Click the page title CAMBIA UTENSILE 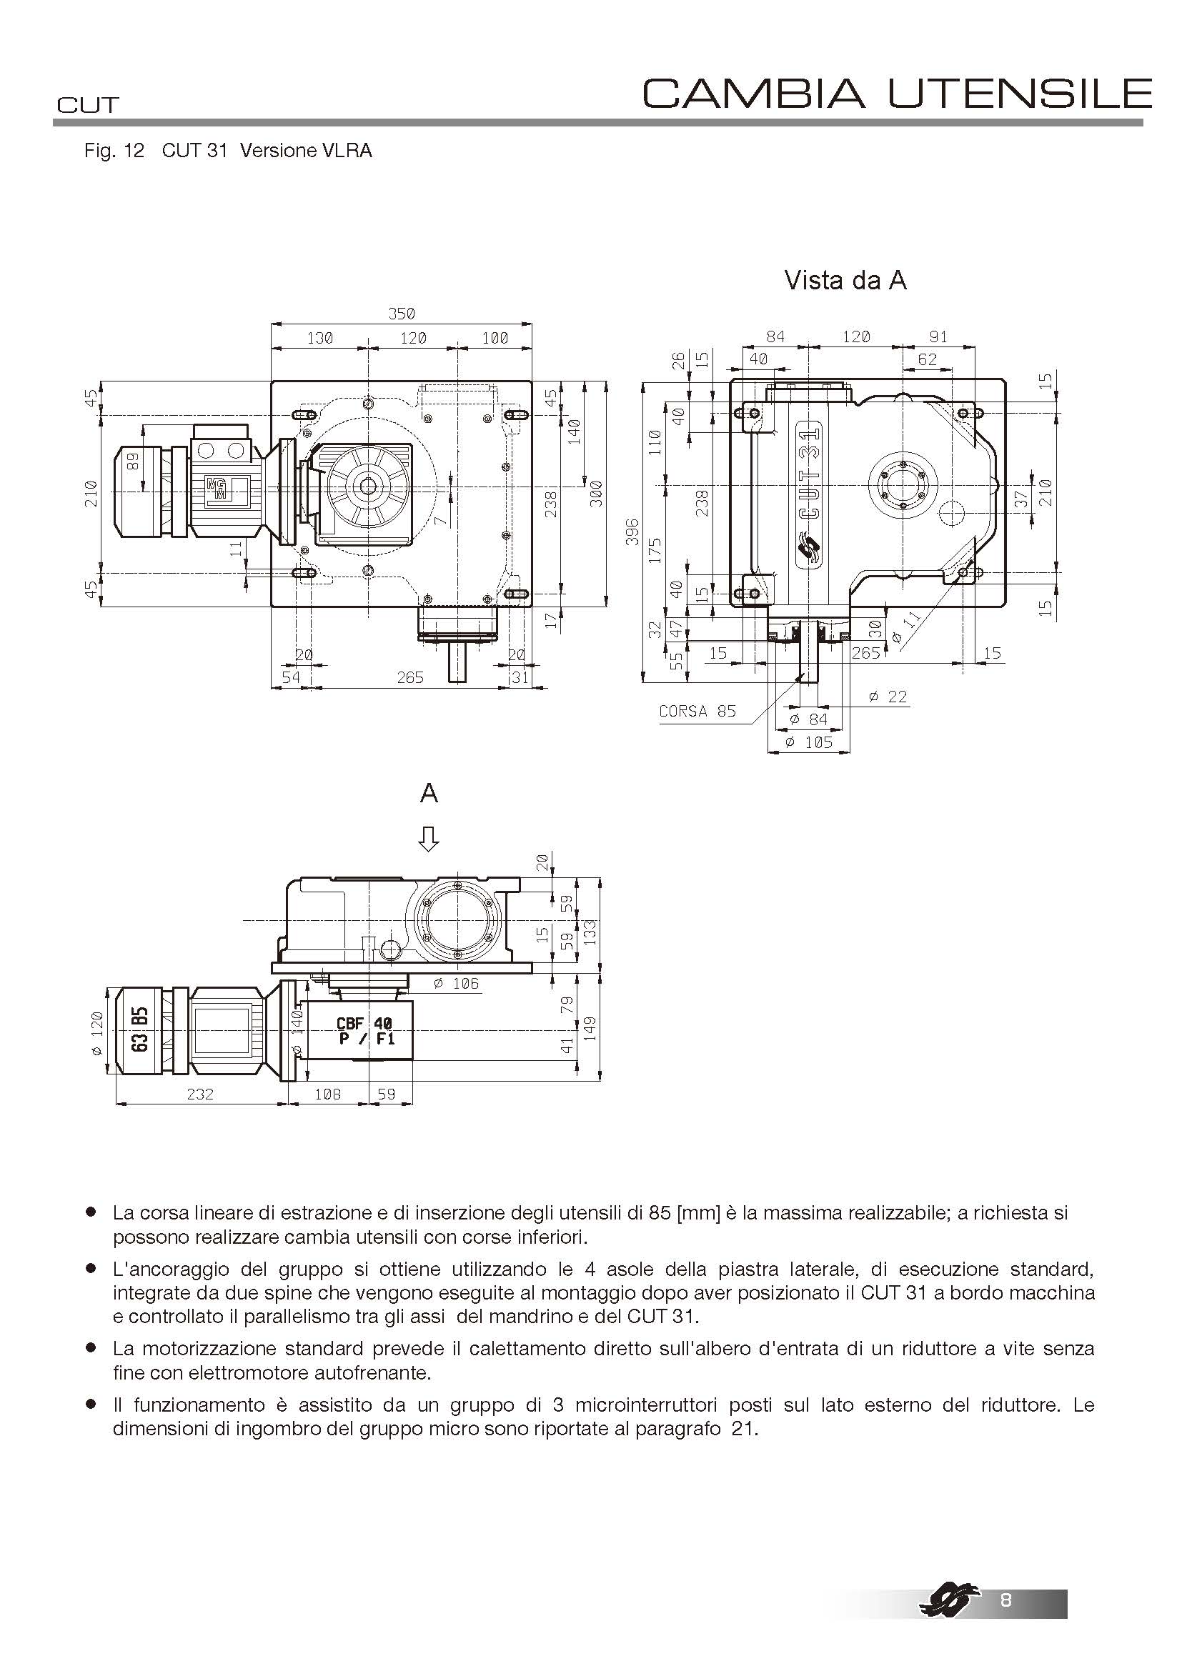pyautogui.click(x=897, y=93)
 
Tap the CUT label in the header pyautogui.click(x=87, y=106)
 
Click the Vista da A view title pyautogui.click(x=845, y=280)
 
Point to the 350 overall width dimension pyautogui.click(x=401, y=314)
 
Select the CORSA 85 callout pyautogui.click(x=697, y=711)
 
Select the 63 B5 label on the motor pyautogui.click(x=141, y=1029)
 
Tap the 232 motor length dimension pyautogui.click(x=200, y=1094)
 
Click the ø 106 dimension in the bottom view pyautogui.click(x=457, y=984)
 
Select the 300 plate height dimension pyautogui.click(x=596, y=494)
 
